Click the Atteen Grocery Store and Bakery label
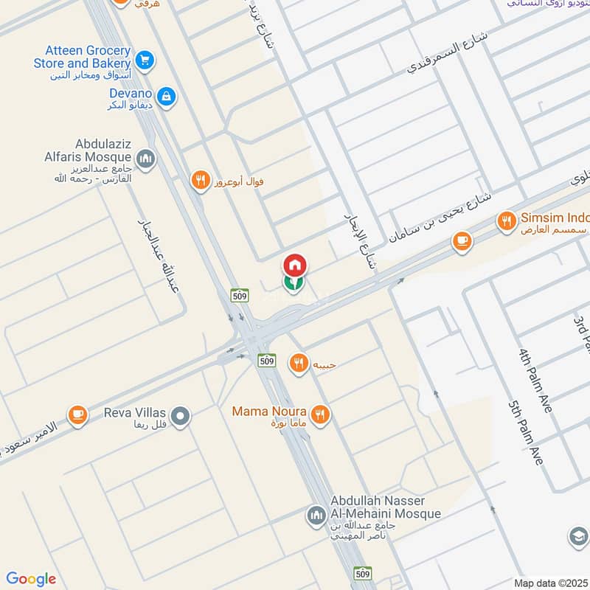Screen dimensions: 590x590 tap(82, 58)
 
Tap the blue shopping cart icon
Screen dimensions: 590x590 tap(145, 59)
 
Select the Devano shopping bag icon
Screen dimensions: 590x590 tap(167, 97)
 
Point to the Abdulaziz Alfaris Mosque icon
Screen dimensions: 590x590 tap(145, 159)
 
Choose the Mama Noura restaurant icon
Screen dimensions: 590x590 tap(319, 414)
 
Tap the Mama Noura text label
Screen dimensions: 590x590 tap(270, 412)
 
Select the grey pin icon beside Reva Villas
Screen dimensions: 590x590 tap(181, 417)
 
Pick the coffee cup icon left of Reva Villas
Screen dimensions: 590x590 tap(77, 416)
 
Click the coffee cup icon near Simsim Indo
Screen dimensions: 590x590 tap(462, 240)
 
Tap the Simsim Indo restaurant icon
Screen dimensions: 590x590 tap(506, 220)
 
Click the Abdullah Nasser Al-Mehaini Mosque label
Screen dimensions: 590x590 tap(386, 507)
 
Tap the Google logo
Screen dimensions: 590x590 tap(31, 579)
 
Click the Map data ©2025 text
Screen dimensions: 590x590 tap(549, 582)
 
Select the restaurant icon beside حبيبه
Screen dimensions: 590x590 tap(299, 363)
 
